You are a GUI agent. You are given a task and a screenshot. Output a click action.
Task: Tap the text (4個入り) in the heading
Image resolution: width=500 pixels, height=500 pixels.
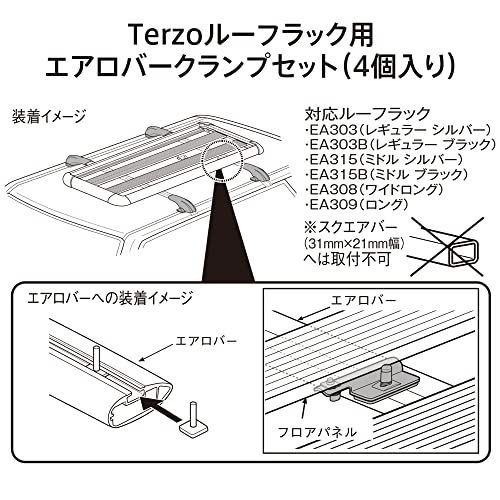(x=398, y=66)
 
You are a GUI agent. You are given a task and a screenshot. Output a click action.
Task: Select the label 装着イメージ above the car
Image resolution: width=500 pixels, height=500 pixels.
(x=49, y=117)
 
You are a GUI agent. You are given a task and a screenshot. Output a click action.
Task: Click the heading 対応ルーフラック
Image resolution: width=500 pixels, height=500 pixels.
(x=367, y=114)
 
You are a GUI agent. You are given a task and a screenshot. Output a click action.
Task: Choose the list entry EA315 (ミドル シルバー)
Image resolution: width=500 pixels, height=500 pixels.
(x=384, y=160)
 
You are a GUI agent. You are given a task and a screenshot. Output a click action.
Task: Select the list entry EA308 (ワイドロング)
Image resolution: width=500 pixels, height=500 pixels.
(x=374, y=190)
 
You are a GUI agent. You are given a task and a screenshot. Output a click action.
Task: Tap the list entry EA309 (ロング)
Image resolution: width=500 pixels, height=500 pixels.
(x=357, y=204)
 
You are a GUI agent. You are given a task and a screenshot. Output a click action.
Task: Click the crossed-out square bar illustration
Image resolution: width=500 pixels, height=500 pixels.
(x=447, y=247)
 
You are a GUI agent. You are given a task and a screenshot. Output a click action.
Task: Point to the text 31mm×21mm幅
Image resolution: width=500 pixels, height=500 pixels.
(x=355, y=244)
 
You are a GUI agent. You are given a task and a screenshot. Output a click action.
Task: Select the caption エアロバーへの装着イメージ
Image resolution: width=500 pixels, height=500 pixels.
(x=110, y=298)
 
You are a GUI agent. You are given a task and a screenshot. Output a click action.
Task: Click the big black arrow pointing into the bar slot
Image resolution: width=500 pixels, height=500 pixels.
(x=162, y=408)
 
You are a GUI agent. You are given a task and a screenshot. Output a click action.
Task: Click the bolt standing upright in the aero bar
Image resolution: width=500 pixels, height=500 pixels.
(x=97, y=360)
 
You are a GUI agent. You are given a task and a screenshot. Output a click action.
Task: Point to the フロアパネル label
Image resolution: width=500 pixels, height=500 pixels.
(x=317, y=433)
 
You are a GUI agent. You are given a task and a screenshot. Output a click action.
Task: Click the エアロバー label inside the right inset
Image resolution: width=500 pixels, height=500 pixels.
(x=364, y=301)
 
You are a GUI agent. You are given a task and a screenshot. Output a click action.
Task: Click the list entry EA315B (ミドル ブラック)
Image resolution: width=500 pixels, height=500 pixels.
(x=387, y=175)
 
